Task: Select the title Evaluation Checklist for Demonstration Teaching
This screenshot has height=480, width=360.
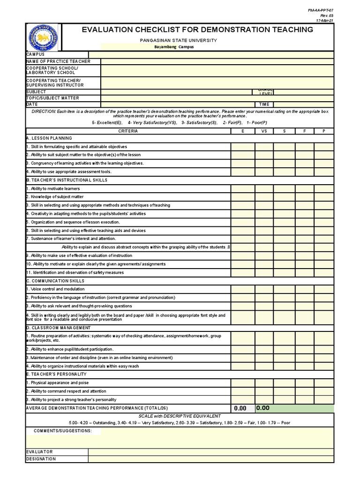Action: click(197, 30)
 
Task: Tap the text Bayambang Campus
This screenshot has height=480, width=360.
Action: click(174, 47)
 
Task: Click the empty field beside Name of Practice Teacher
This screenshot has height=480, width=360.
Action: click(217, 61)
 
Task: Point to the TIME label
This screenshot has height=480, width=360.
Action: click(264, 105)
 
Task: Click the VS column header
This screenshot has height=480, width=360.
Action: click(264, 131)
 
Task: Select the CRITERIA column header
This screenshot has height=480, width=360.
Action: click(128, 131)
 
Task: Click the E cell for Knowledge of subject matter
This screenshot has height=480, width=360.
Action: click(242, 197)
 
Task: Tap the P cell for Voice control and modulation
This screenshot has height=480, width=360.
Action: click(324, 289)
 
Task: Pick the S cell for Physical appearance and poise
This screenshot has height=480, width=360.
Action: click(284, 383)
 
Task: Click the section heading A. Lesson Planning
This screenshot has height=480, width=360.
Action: click(50, 138)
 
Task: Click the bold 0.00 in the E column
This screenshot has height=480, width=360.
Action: click(240, 408)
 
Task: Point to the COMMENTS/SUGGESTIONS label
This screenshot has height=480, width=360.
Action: click(63, 431)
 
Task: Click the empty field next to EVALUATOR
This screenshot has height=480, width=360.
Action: click(211, 452)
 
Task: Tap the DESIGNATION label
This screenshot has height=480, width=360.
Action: click(42, 459)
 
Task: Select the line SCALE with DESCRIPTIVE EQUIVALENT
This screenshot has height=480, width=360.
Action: click(180, 416)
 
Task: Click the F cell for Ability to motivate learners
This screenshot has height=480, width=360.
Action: click(304, 188)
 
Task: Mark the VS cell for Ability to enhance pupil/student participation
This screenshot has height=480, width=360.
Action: click(264, 349)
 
